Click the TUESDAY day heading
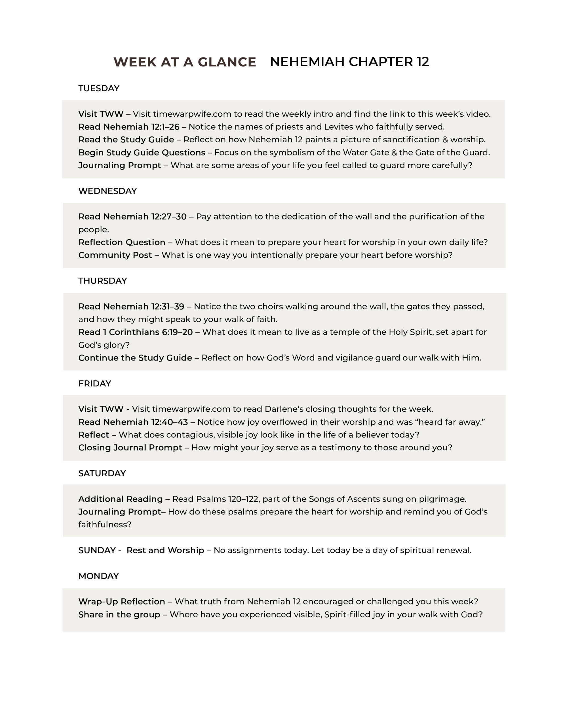click(x=99, y=88)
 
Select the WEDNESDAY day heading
click(x=107, y=191)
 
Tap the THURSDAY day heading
click(x=102, y=281)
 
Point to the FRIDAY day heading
click(x=94, y=384)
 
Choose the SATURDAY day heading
click(x=102, y=473)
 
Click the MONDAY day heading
click(x=98, y=576)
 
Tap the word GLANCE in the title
click(x=227, y=62)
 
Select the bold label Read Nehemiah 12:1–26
click(x=129, y=127)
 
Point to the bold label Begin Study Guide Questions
click(x=142, y=153)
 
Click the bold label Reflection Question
click(x=122, y=242)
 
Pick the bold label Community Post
click(x=115, y=255)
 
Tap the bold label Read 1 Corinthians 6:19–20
click(x=135, y=332)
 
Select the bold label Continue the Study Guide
click(x=135, y=358)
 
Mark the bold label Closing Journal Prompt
click(x=130, y=448)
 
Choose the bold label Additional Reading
click(x=120, y=499)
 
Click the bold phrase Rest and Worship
click(x=165, y=550)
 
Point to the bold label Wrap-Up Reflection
click(x=122, y=602)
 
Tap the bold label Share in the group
click(x=119, y=615)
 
